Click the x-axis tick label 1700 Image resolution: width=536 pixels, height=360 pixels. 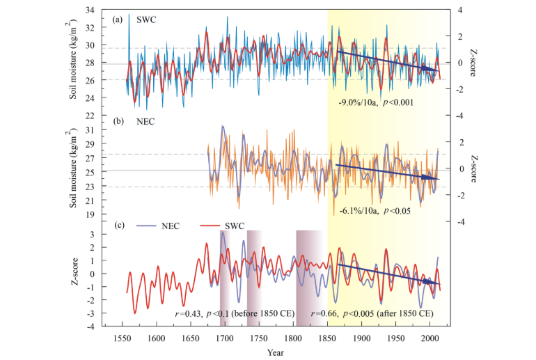pyautogui.click(x=225, y=338)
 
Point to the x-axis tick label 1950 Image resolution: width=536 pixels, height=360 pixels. pyautogui.click(x=396, y=338)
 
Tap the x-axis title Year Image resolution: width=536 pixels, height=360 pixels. pyautogui.click(x=276, y=352)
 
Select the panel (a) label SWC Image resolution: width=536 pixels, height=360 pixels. pyautogui.click(x=146, y=19)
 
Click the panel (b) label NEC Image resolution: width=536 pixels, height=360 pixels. pyautogui.click(x=145, y=122)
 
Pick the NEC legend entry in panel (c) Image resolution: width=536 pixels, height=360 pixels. pyautogui.click(x=158, y=226)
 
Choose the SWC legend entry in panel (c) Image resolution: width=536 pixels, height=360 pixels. pyautogui.click(x=222, y=226)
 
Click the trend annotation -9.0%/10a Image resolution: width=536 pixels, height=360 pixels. pyautogui.click(x=358, y=102)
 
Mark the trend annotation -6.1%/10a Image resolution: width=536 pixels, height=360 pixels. pyautogui.click(x=358, y=210)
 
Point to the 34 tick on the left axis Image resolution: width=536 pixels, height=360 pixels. pyautogui.click(x=90, y=10)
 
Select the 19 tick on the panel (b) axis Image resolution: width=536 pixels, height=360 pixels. pyautogui.click(x=90, y=214)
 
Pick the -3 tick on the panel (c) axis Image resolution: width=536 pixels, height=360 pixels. pyautogui.click(x=92, y=313)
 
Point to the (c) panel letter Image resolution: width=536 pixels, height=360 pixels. pyautogui.click(x=119, y=226)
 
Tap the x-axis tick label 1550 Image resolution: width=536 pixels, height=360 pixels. pyautogui.click(x=122, y=338)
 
